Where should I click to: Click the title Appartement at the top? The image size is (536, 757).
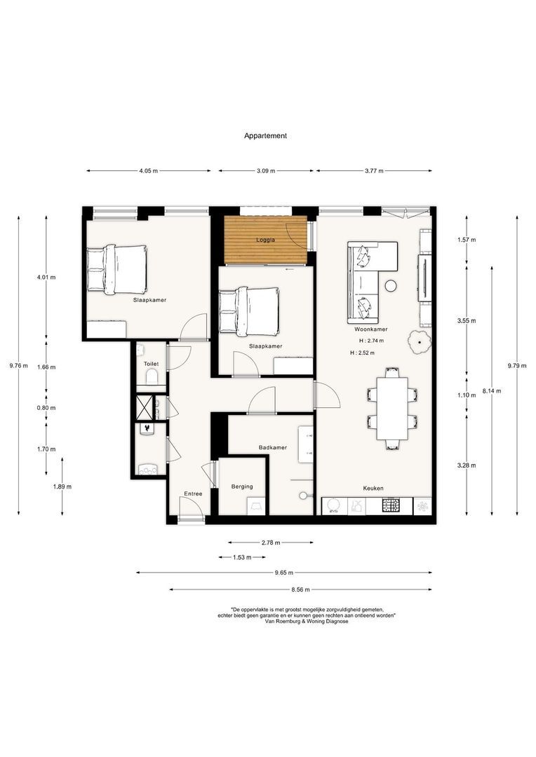point(265,137)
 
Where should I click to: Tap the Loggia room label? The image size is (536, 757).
point(264,239)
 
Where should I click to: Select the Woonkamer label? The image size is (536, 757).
point(371,329)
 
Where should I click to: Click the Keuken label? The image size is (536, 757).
point(373,489)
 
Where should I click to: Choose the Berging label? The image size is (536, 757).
point(242,486)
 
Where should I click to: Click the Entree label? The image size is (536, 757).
point(193,493)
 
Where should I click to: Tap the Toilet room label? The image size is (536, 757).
point(151,364)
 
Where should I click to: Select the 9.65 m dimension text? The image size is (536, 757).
point(284,573)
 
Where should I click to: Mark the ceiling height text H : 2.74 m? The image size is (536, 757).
point(372,341)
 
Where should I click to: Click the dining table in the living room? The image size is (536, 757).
point(391,409)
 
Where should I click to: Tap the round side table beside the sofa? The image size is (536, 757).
point(391,285)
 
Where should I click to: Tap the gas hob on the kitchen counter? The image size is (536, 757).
point(390,505)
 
